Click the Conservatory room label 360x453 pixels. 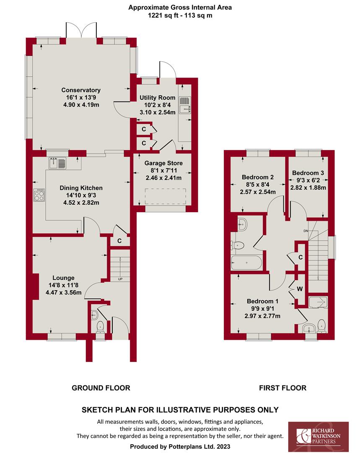click(x=81, y=90)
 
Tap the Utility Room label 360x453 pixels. click(x=157, y=98)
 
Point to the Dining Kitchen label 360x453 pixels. click(x=81, y=188)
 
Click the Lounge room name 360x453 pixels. click(x=63, y=278)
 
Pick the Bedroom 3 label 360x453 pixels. click(x=308, y=173)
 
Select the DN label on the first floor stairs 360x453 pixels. click(x=305, y=231)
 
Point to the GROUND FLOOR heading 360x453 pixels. click(x=101, y=388)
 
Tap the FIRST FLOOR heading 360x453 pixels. click(x=282, y=388)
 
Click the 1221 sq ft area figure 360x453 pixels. click(x=161, y=16)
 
